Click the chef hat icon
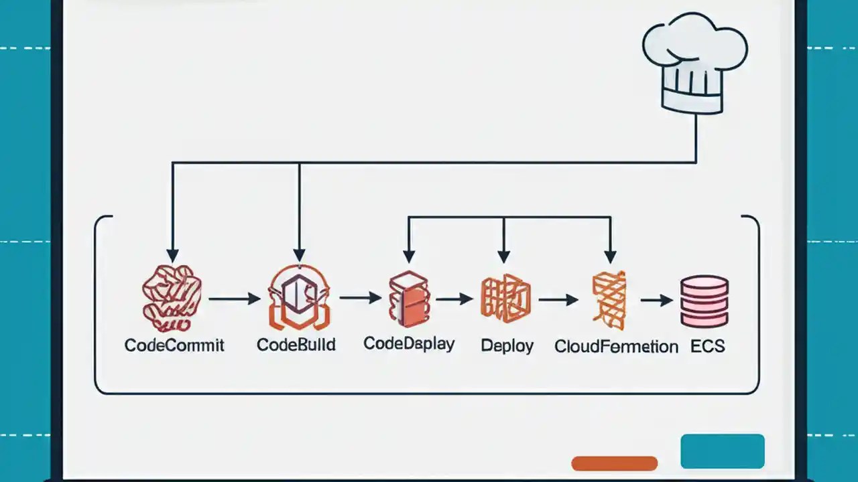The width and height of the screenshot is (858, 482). tap(694, 67)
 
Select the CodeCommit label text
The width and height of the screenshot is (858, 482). tap(174, 345)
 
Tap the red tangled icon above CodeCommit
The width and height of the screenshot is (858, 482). tap(172, 299)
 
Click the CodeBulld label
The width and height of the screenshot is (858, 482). tap(296, 345)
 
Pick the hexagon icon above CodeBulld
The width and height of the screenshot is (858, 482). tap(299, 297)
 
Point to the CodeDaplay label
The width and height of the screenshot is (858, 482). tap(409, 344)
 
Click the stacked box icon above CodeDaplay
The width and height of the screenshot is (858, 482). tap(408, 299)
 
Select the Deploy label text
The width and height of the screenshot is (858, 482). tap(507, 346)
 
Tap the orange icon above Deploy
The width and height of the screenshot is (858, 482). tap(505, 299)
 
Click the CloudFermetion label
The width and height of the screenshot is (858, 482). tap(616, 347)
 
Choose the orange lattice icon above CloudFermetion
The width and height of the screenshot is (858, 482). tap(609, 300)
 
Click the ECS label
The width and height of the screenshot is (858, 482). tap(707, 346)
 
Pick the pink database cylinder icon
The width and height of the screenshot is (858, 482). tap(704, 301)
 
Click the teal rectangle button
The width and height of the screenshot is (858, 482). tap(722, 451)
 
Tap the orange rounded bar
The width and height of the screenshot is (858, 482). tap(614, 463)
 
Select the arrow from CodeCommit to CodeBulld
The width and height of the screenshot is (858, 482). tap(235, 299)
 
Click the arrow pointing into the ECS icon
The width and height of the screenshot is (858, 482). tap(656, 301)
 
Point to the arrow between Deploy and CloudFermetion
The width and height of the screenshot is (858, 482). tap(558, 300)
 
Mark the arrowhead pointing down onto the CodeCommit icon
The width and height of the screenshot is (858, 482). tap(173, 256)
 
